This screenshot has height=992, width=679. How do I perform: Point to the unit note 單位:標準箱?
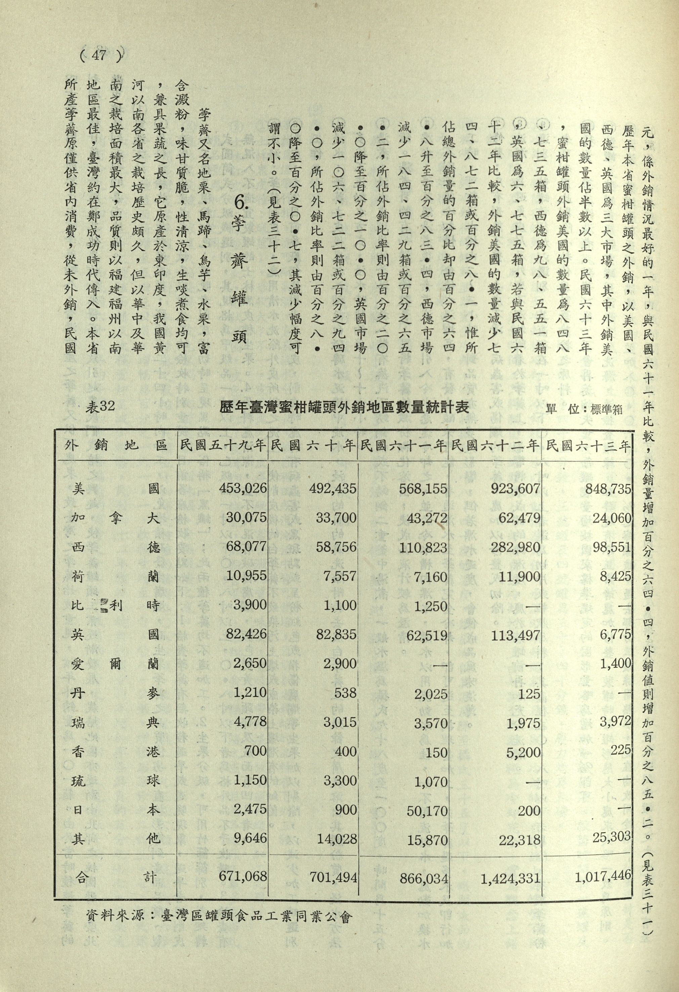click(x=584, y=409)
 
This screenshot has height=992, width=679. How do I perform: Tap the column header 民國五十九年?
click(x=222, y=447)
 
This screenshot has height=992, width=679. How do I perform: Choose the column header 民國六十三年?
click(x=588, y=447)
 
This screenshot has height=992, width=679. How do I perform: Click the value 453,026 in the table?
click(x=243, y=488)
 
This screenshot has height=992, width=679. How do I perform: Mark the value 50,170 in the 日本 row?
click(x=427, y=811)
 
